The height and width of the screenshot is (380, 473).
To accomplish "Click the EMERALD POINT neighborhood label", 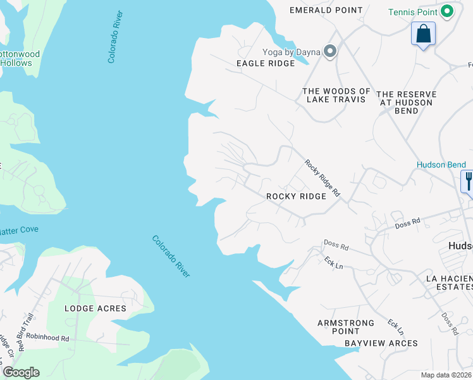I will click(x=326, y=10).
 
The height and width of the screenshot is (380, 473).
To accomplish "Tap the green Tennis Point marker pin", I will click(x=448, y=11).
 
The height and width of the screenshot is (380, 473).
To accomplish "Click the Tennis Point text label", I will click(x=413, y=12).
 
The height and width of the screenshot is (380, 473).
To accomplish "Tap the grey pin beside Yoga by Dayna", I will click(x=329, y=52).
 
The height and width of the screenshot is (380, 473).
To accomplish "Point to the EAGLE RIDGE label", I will click(x=266, y=63).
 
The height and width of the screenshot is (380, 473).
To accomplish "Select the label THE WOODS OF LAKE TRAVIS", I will click(x=336, y=95).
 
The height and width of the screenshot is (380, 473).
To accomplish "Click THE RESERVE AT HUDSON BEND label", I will click(x=405, y=102).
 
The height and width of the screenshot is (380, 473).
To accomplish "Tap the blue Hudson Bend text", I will click(x=441, y=165).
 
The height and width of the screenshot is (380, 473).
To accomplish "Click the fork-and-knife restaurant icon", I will click(x=468, y=181).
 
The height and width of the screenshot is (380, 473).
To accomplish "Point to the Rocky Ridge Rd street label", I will click(x=322, y=180).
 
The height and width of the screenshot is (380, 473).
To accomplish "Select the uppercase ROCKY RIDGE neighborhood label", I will click(x=296, y=196).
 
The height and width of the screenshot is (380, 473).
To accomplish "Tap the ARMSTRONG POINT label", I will click(x=346, y=327).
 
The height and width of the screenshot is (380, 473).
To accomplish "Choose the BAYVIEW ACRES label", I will click(x=381, y=343).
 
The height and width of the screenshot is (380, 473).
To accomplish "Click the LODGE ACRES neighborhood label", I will click(x=95, y=308).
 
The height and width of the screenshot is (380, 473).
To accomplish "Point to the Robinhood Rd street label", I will click(x=47, y=338).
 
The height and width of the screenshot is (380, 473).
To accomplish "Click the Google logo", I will click(x=21, y=372).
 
